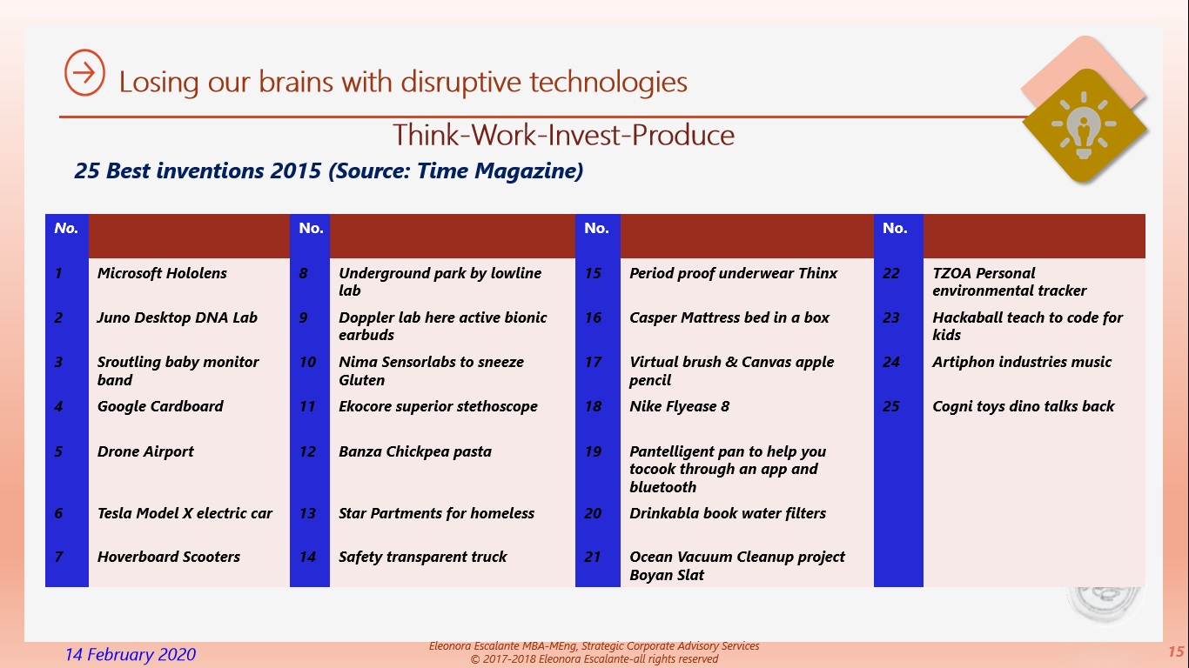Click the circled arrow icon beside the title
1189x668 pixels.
84,73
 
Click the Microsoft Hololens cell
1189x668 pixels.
162,273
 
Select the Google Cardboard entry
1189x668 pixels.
160,406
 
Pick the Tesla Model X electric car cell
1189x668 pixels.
185,513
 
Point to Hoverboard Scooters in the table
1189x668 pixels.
168,558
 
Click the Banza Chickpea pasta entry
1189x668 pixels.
415,451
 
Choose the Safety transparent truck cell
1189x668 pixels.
422,558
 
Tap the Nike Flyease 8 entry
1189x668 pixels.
680,406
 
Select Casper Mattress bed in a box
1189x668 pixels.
729,317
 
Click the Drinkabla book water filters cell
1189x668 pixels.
728,513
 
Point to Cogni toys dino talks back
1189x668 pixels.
1024,406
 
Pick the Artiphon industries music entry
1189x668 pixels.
1022,362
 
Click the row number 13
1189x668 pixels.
308,513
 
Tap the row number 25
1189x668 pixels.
891,406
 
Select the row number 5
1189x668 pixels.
58,451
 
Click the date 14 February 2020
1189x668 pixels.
131,654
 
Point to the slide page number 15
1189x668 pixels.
1176,652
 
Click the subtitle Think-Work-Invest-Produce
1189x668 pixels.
563,135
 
